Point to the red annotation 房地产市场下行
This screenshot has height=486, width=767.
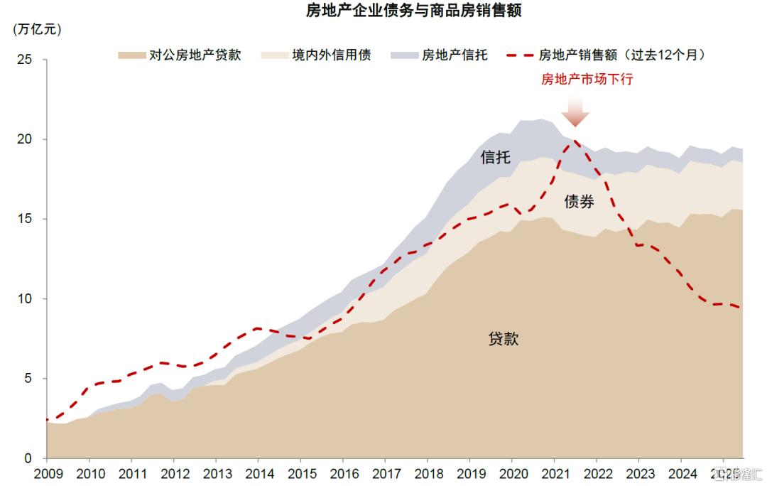click(587, 79)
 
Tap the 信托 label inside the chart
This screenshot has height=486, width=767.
click(495, 157)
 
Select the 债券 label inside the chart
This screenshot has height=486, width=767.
click(579, 202)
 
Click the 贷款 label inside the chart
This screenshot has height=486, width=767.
click(504, 339)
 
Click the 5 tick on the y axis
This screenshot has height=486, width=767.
click(28, 378)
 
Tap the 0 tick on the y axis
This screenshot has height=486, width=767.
click(28, 458)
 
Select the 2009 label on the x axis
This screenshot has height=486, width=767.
click(47, 473)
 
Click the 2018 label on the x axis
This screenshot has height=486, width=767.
click(428, 473)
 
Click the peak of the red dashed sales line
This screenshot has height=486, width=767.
click(574, 141)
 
